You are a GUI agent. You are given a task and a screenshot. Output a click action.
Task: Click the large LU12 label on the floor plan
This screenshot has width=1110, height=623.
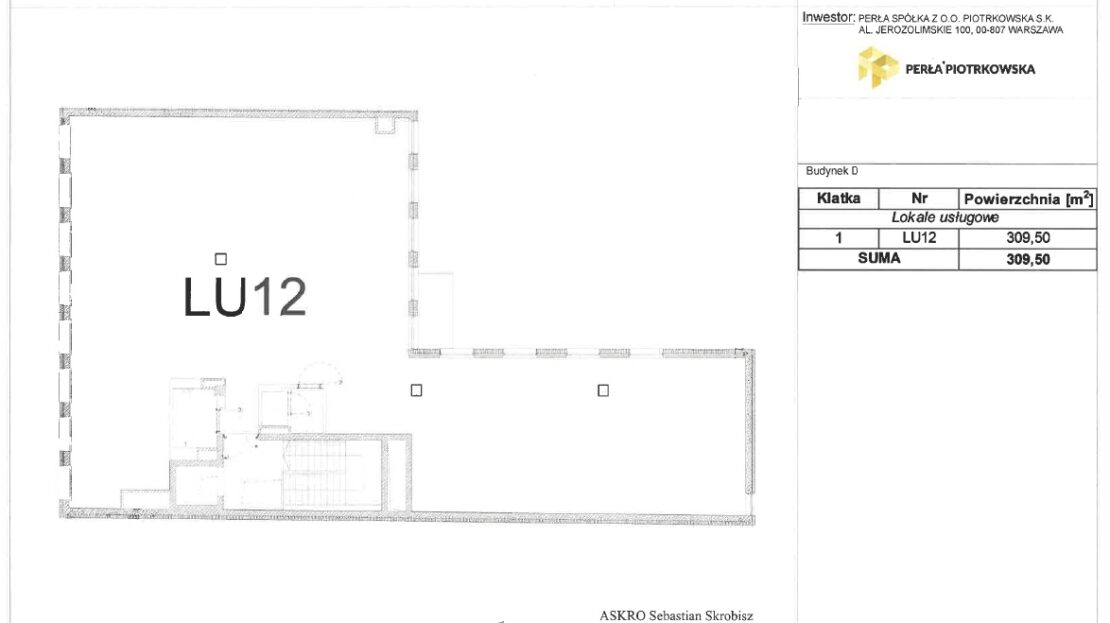pos(245,297)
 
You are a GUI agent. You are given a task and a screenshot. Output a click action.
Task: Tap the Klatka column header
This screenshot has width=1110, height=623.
pos(838,198)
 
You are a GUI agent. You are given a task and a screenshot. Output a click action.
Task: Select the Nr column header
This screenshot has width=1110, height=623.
pos(919,198)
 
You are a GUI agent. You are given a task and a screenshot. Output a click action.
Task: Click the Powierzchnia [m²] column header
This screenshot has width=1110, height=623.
pos(1028,199)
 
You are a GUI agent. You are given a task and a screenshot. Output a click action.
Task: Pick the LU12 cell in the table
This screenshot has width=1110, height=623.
pos(919,238)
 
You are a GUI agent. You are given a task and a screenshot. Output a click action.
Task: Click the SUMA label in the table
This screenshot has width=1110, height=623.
pos(879,258)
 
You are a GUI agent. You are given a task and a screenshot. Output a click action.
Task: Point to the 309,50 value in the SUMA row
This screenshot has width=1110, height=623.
pos(1028,259)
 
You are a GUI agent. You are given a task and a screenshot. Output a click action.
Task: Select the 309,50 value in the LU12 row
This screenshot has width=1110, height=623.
pos(1028,238)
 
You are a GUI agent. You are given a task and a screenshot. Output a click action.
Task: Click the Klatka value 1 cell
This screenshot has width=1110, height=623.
pos(839,238)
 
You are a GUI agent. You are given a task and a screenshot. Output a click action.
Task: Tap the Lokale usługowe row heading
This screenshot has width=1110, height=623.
pos(944,218)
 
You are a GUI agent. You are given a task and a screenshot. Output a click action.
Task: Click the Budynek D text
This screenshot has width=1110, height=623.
pos(832,171)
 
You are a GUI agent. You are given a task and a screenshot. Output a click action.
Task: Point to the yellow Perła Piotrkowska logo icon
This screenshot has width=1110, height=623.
pos(878,67)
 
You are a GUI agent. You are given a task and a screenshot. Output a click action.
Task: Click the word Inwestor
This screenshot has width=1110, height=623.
pos(828,18)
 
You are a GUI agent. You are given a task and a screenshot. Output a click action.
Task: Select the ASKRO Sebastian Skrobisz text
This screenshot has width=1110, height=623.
pos(676,615)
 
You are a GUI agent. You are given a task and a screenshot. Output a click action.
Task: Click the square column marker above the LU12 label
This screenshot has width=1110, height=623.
pos(221,259)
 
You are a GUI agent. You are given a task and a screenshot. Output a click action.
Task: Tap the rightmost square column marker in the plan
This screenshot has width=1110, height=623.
pos(603,390)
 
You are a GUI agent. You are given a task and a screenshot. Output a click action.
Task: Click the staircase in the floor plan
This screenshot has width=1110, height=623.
pos(333,474)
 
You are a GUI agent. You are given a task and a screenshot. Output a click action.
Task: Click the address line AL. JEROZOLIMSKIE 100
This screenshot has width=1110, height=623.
pos(961,30)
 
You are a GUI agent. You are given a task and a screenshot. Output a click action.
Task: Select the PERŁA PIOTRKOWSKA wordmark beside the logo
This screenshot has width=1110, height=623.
pos(970,69)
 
